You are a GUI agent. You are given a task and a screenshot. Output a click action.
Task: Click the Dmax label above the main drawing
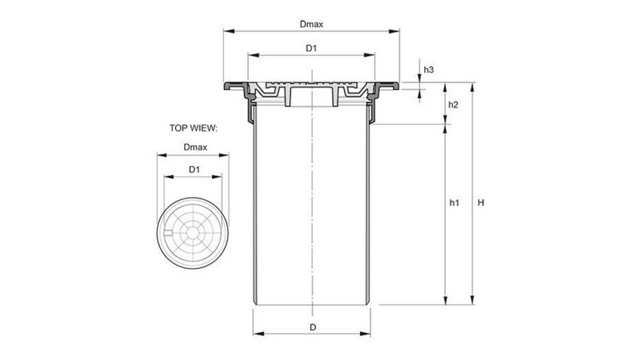[311, 25]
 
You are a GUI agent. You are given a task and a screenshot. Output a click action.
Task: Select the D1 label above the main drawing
[311, 48]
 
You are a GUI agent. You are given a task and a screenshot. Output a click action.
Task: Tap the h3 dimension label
[428, 69]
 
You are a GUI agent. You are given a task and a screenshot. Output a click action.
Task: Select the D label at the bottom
[312, 327]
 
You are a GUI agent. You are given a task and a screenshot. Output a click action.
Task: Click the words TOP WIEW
[194, 128]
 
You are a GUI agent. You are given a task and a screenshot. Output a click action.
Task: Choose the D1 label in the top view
[194, 169]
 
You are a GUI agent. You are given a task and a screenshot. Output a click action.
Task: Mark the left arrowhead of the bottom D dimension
[255, 334]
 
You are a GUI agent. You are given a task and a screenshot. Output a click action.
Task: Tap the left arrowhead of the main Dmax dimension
[226, 30]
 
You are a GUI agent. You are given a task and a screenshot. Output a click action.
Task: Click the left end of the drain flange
[225, 86]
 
